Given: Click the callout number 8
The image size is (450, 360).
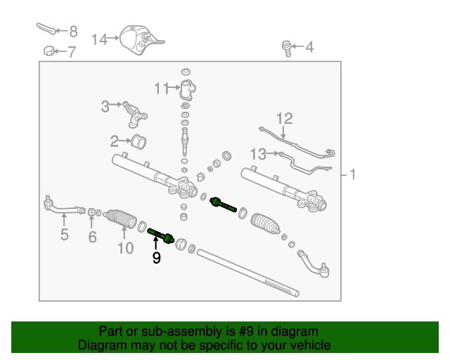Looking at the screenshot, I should pyautogui.click(x=72, y=32).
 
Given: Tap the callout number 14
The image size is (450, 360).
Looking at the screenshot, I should pyautogui.click(x=98, y=39).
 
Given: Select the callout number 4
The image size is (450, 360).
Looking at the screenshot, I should pyautogui.click(x=309, y=48).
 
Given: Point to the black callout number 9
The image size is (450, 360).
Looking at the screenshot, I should pyautogui.click(x=156, y=259).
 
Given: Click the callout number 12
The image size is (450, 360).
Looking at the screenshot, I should pyautogui.click(x=284, y=119).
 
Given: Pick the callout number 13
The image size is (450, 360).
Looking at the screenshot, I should pyautogui.click(x=258, y=153).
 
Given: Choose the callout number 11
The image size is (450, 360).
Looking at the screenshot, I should pyautogui.click(x=162, y=89).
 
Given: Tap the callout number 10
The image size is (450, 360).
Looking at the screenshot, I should pyautogui.click(x=124, y=247).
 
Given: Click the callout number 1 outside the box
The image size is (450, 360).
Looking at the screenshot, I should pyautogui.click(x=353, y=174).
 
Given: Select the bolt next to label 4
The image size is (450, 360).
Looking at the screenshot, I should pyautogui.click(x=287, y=49).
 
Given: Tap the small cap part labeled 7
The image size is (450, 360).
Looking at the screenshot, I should pyautogui.click(x=49, y=51).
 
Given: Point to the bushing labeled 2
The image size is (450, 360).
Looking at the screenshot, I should pyautogui.click(x=139, y=141).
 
